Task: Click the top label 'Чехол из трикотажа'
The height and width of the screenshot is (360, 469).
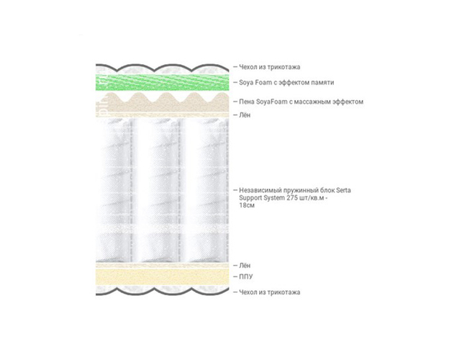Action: [x=270, y=67]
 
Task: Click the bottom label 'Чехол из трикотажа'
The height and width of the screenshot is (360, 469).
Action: [x=270, y=292]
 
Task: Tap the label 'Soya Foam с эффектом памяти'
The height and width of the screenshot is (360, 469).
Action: [x=286, y=82]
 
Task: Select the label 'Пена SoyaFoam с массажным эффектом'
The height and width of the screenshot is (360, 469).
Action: [x=301, y=102]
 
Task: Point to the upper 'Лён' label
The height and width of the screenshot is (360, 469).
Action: [x=245, y=115]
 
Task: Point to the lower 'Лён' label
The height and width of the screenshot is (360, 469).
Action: [x=245, y=266]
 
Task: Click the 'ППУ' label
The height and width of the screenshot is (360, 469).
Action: [x=246, y=276]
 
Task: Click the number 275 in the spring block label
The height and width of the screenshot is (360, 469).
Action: [x=293, y=198]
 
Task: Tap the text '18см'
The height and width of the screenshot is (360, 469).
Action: [x=247, y=205]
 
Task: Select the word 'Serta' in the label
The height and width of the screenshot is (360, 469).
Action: [x=343, y=190]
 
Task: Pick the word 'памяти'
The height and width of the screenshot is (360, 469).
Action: [x=323, y=83]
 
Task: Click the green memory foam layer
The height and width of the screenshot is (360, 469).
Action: [x=163, y=82]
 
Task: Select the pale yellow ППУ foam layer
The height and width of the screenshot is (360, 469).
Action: [x=163, y=276]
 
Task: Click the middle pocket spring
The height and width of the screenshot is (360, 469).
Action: [x=162, y=190]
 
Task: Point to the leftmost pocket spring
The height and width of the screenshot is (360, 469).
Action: [x=114, y=190]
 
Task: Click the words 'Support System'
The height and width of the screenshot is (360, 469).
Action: [x=262, y=198]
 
